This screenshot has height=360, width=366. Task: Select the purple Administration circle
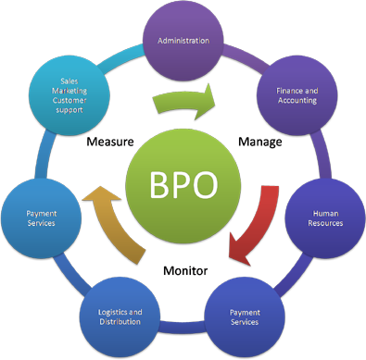pyautogui.click(x=183, y=41)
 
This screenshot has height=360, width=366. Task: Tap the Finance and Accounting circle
pyautogui.click(x=297, y=95)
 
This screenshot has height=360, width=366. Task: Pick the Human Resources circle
pyautogui.click(x=326, y=217)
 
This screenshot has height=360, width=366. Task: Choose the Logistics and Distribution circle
pyautogui.click(x=120, y=316)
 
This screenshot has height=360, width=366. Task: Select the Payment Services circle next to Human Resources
pyautogui.click(x=245, y=317)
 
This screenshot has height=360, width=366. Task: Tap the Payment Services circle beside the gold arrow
pyautogui.click(x=41, y=218)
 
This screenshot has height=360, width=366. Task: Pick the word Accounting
pyautogui.click(x=297, y=101)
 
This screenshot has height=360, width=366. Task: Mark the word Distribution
pyautogui.click(x=120, y=321)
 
